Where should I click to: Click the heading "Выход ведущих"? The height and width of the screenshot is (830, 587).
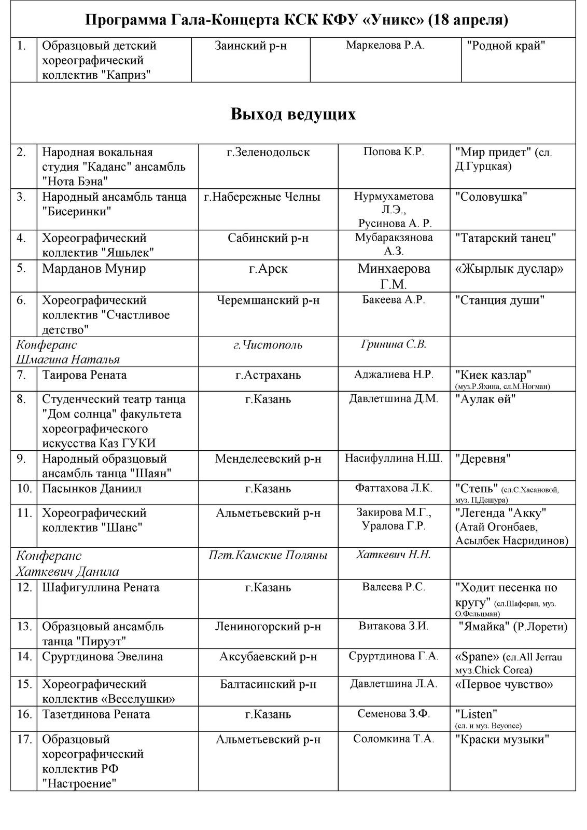click(293, 114)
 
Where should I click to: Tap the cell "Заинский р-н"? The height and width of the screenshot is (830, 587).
click(250, 46)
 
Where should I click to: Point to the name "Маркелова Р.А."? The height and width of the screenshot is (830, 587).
click(385, 45)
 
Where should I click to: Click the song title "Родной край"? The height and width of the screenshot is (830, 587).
click(506, 46)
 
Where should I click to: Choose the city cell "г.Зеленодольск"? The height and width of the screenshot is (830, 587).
click(268, 152)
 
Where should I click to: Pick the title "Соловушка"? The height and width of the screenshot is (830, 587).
click(491, 197)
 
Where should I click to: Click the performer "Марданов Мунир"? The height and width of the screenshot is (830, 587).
click(94, 269)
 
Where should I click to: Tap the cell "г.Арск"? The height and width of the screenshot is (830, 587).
click(268, 269)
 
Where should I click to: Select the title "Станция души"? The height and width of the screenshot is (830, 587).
click(500, 300)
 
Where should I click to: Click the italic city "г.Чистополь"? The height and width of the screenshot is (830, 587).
click(268, 345)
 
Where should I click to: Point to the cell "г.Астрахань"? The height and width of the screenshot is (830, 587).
click(268, 375)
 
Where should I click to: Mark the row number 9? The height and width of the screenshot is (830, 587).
click(21, 459)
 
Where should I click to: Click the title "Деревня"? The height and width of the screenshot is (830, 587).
click(483, 459)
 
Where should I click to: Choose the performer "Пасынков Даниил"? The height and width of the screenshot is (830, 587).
click(92, 489)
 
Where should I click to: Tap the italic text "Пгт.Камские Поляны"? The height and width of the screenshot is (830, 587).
click(268, 556)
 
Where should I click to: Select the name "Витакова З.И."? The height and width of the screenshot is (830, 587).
click(394, 626)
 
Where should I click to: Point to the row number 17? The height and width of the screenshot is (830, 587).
click(24, 739)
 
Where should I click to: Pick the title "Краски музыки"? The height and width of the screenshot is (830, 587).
click(502, 739)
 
